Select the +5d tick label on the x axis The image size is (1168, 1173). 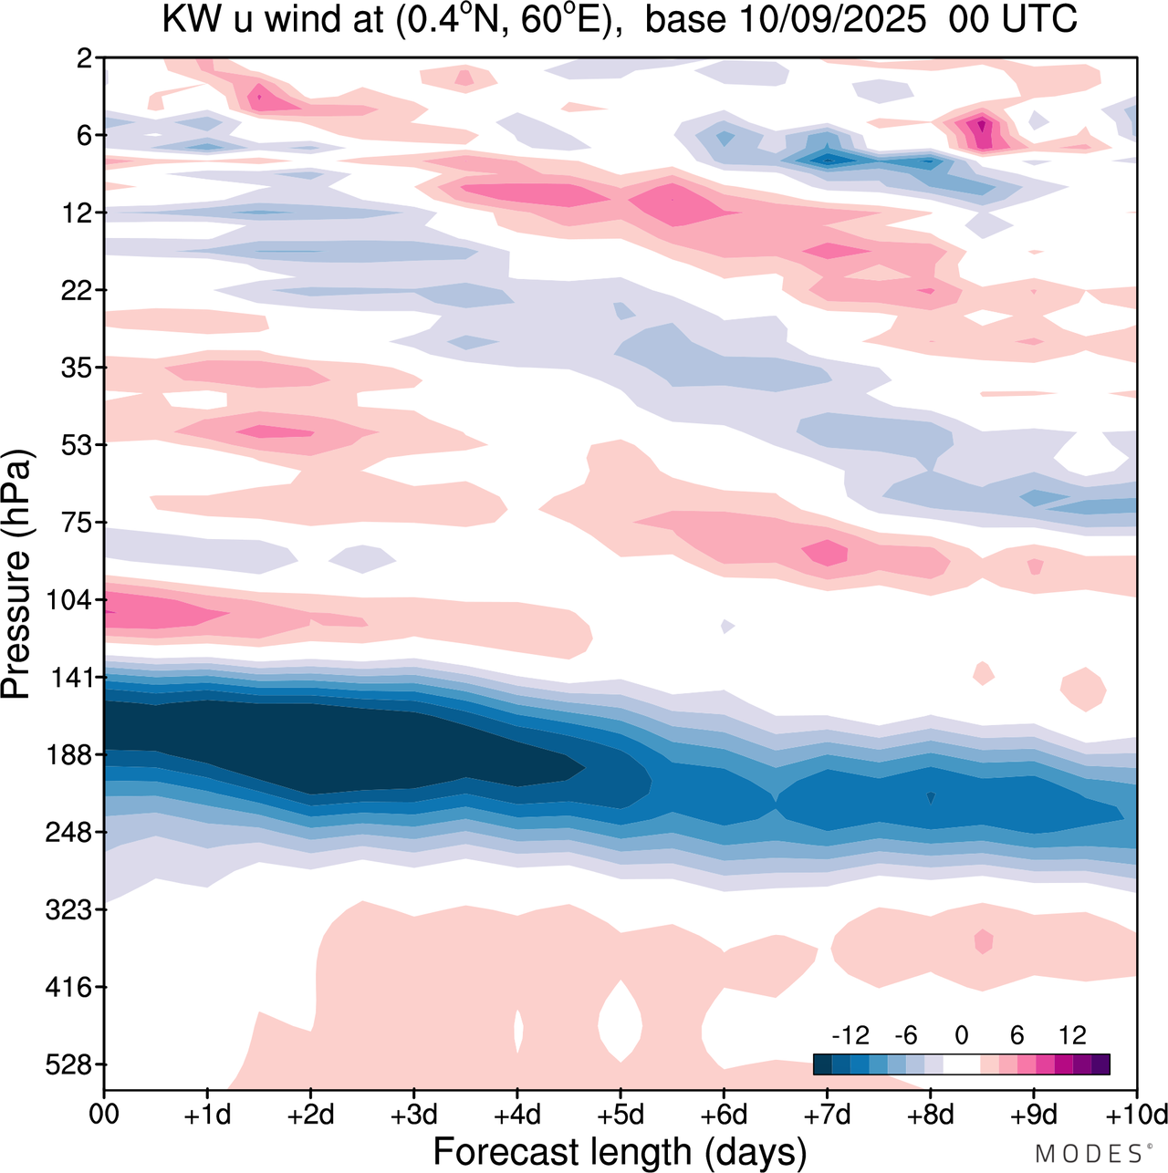pyautogui.click(x=620, y=1115)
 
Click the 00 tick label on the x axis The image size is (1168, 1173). pyautogui.click(x=105, y=1115)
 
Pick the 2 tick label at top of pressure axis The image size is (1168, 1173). pyautogui.click(x=85, y=58)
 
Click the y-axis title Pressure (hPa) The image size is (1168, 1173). pyautogui.click(x=16, y=575)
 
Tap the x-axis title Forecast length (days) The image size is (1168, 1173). pyautogui.click(x=620, y=1152)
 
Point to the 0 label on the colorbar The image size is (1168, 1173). pyautogui.click(x=961, y=1035)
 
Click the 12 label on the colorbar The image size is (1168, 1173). pyautogui.click(x=1072, y=1035)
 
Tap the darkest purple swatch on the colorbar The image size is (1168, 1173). pyautogui.click(x=1100, y=1064)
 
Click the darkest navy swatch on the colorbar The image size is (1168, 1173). pyautogui.click(x=822, y=1064)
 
